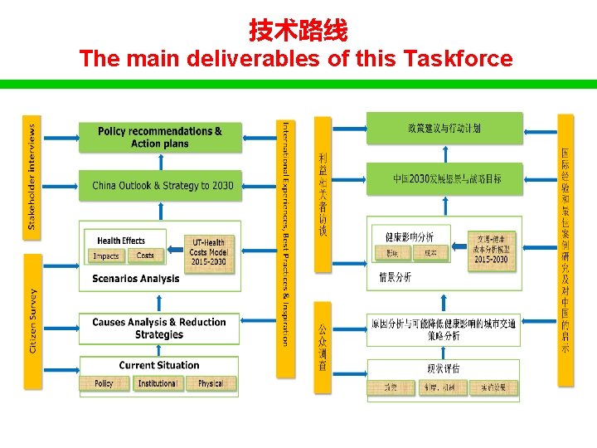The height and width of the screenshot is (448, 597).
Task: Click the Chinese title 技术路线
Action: click(x=298, y=32)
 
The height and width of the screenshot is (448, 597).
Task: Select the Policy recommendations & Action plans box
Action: click(x=160, y=137)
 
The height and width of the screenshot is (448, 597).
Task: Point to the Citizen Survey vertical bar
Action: click(x=32, y=320)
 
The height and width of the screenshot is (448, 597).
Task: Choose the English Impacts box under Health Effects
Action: click(x=106, y=256)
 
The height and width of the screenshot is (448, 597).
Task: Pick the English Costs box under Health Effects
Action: click(x=145, y=256)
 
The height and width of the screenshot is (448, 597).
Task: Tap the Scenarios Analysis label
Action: click(x=135, y=279)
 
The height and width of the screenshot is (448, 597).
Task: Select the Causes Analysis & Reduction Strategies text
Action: click(x=159, y=329)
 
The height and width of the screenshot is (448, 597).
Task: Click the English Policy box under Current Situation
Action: click(x=104, y=383)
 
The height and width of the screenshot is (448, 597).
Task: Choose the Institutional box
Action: click(x=157, y=383)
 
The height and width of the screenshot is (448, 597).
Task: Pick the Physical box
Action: click(x=211, y=383)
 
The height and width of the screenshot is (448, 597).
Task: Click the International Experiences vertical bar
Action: click(x=285, y=233)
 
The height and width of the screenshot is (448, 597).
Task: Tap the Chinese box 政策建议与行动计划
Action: click(x=444, y=128)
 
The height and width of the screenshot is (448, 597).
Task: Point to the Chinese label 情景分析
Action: click(x=395, y=277)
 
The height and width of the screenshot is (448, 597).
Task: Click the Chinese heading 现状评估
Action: click(x=444, y=368)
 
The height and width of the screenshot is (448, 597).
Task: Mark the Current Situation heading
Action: click(x=159, y=365)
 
